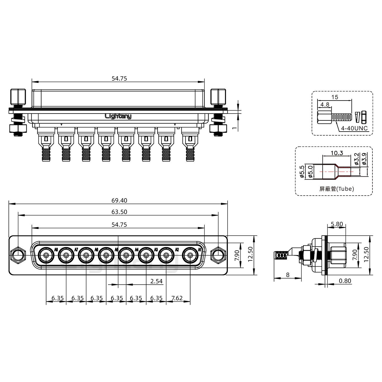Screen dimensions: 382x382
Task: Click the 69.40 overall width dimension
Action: point(119,200)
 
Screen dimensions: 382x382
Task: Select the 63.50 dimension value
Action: point(119,212)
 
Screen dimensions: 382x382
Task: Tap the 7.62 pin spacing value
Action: point(177,298)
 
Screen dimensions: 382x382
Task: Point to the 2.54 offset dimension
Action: point(157,281)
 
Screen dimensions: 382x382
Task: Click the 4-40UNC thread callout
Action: point(354,128)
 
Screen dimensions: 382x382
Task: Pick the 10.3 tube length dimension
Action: point(337,153)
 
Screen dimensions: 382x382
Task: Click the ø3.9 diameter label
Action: point(364,159)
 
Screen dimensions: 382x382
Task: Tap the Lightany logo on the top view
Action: point(118,116)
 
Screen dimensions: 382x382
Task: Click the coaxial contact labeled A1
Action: point(190,255)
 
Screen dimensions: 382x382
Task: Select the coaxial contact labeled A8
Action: point(46,255)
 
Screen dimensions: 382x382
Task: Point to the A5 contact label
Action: point(116,250)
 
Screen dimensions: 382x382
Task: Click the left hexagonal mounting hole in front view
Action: point(18,255)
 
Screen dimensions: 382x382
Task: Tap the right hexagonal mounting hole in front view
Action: point(218,255)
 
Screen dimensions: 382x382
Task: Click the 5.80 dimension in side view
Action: point(337,224)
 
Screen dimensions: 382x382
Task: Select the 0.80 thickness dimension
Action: point(345,281)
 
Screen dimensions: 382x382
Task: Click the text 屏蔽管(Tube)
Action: point(337,189)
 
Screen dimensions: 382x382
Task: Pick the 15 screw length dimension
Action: point(335,97)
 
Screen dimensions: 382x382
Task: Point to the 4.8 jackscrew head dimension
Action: point(325,105)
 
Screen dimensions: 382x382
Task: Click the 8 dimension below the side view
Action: point(288,275)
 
